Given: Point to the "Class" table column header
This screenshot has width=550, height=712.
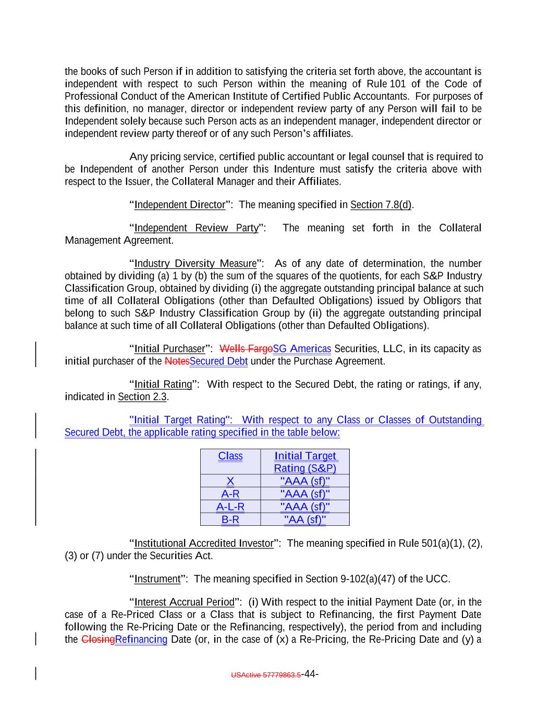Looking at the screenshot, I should coord(230,456).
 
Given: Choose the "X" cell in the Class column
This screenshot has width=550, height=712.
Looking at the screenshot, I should coord(230,481).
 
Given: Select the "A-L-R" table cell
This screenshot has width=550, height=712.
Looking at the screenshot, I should coord(230,506).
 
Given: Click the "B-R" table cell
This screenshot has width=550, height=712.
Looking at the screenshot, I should coord(230,520).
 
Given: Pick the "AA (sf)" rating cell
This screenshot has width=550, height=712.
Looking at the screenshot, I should coord(305,520).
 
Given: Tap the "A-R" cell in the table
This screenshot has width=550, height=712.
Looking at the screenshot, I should coord(230,494).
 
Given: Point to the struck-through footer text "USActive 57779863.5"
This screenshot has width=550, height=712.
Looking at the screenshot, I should coord(265,675).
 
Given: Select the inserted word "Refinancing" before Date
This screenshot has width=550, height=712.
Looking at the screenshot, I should coord(141,639).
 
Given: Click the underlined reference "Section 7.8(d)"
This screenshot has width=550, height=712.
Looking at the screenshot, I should coord(381,204).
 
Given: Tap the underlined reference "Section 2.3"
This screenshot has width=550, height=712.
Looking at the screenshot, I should coord(142,397).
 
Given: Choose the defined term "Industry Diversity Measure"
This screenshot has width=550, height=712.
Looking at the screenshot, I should coord(195,263).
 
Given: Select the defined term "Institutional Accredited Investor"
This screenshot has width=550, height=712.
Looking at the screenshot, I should coord(204,544).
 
